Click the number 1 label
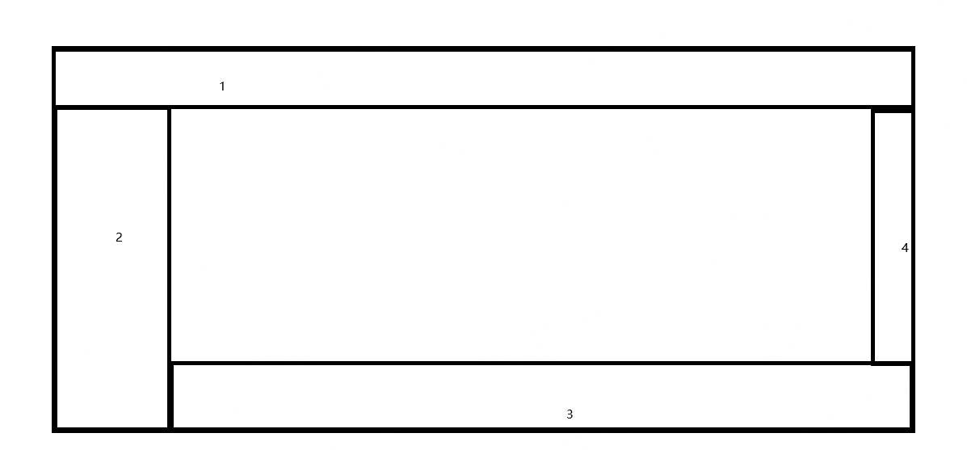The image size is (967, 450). [x=222, y=86]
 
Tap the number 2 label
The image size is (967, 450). [x=119, y=238]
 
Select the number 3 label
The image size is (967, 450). [x=570, y=414]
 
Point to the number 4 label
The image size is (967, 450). [x=905, y=248]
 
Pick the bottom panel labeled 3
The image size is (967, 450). [x=404, y=396]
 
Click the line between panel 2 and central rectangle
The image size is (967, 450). [x=170, y=234]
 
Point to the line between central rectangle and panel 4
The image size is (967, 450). [x=873, y=234]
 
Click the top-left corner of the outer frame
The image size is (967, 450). [x=54, y=49]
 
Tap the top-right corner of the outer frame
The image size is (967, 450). [x=913, y=49]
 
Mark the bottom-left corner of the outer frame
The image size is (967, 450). [x=54, y=429]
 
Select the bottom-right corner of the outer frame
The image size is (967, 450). [x=913, y=429]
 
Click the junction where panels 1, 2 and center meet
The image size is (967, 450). [x=170, y=107]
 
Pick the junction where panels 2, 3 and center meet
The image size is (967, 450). [x=170, y=364]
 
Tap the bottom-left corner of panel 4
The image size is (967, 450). [x=873, y=364]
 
